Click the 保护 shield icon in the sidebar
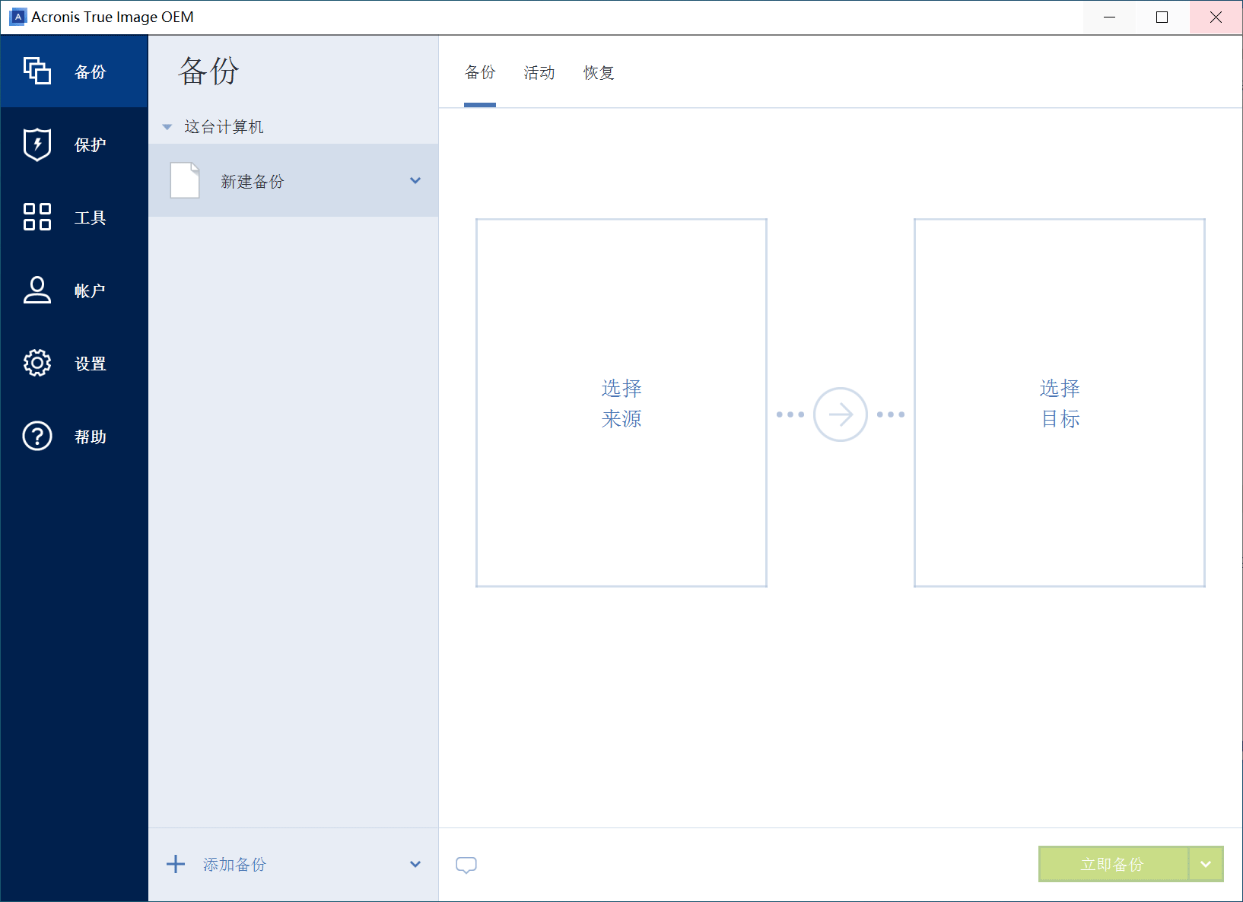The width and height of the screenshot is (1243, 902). coord(37,145)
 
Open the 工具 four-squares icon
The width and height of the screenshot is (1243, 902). coord(37,217)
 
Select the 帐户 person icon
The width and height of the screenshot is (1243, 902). coord(37,290)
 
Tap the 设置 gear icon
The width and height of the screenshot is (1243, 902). coord(37,363)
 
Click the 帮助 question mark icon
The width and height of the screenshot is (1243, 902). coord(37,436)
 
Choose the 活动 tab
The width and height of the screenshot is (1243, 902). coord(539,73)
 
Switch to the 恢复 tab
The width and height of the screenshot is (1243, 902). coord(599,73)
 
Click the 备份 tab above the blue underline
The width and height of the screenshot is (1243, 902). coord(480,73)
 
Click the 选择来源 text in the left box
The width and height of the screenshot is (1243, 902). coord(621,403)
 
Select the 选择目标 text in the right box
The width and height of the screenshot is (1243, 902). coord(1060,403)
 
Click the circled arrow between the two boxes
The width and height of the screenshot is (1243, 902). coord(840,414)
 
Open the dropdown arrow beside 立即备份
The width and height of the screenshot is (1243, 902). coord(1205,864)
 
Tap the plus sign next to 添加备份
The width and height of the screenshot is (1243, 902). coord(176,864)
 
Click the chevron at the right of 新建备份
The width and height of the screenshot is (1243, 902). coord(415,180)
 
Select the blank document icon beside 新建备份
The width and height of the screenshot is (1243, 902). coord(185,180)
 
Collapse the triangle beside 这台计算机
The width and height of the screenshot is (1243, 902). coord(167,127)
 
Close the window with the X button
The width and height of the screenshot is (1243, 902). coord(1216,17)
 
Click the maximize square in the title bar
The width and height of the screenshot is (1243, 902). coord(1162,17)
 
